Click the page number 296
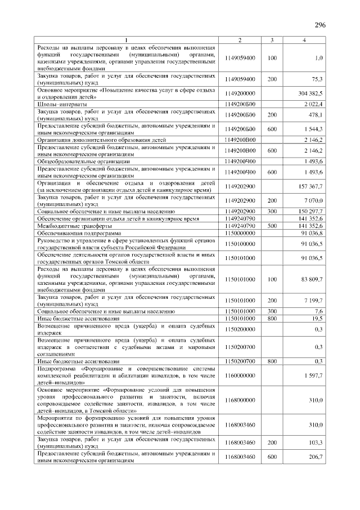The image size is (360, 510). click(320, 25)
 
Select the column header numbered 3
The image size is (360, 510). click(272, 40)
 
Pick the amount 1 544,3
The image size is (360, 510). click(313, 129)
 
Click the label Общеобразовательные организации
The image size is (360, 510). click(83, 162)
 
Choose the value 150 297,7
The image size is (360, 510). click(309, 211)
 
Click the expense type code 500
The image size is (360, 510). click(272, 225)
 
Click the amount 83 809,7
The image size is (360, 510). click(311, 279)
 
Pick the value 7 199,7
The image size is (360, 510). click(313, 300)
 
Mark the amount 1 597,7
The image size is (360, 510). click(313, 375)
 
